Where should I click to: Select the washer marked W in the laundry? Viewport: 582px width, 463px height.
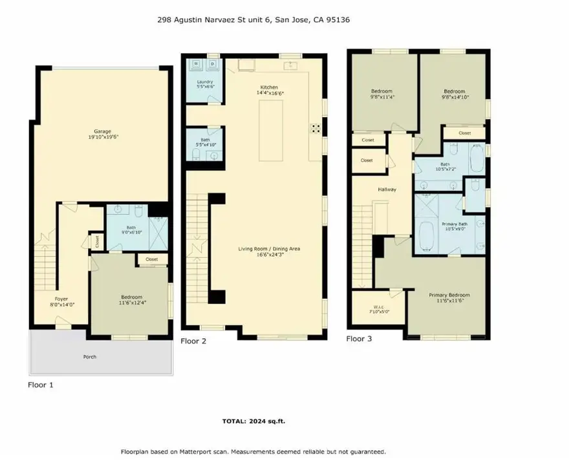click(x=197, y=65)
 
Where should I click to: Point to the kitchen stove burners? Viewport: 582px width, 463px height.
click(x=316, y=128)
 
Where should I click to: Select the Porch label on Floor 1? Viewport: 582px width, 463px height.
click(x=90, y=356)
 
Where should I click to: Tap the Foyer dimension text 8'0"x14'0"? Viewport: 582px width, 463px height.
click(x=63, y=305)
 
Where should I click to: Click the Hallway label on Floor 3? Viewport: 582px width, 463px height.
click(x=387, y=189)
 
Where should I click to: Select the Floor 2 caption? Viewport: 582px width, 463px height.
click(x=193, y=341)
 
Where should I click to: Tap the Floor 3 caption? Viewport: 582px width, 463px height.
click(x=359, y=338)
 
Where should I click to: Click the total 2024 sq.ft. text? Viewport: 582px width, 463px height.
click(x=253, y=421)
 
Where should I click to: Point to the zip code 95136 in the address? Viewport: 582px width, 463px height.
click(x=339, y=20)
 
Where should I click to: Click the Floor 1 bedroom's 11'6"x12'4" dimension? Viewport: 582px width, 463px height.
click(x=132, y=301)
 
